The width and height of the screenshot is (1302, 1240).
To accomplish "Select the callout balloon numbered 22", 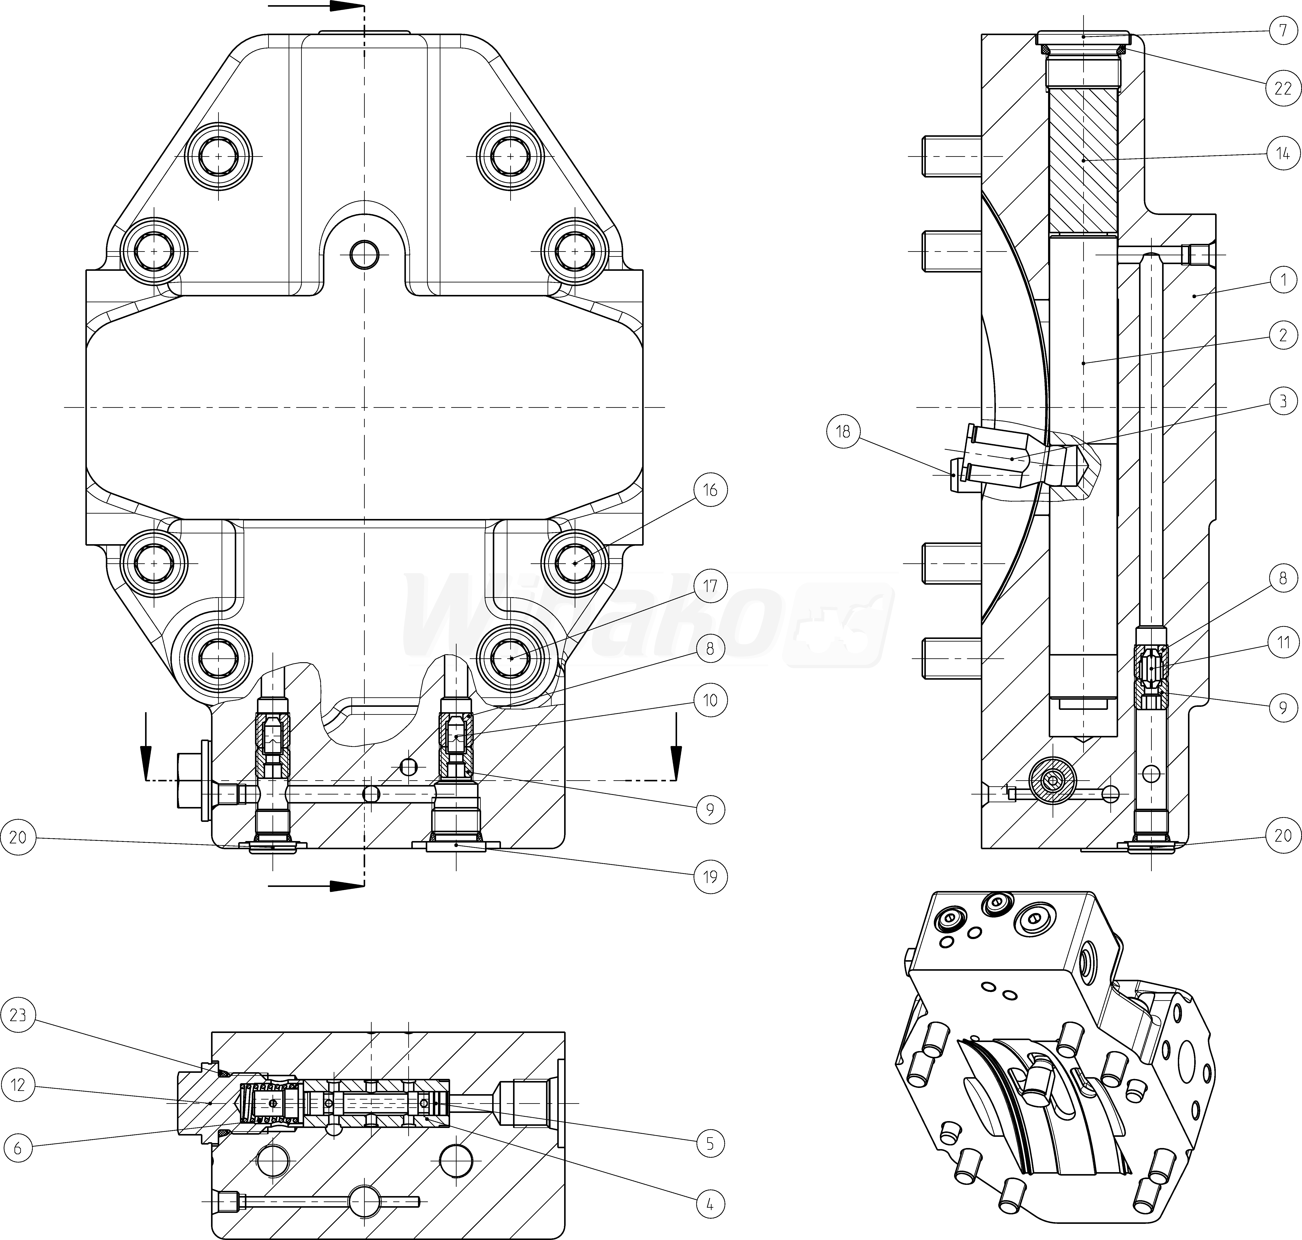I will point(1283,88).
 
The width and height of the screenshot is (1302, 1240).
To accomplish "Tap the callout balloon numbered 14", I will point(1283,154).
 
